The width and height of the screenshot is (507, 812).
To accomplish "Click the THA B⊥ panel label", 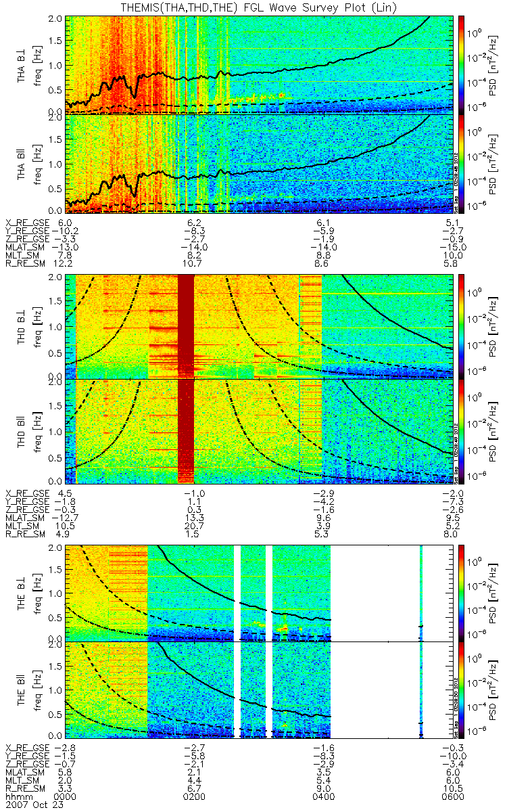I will (x=22, y=64).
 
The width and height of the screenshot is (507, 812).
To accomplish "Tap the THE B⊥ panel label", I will (x=22, y=593).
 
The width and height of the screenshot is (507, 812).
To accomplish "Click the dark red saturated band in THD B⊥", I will (x=186, y=325).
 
